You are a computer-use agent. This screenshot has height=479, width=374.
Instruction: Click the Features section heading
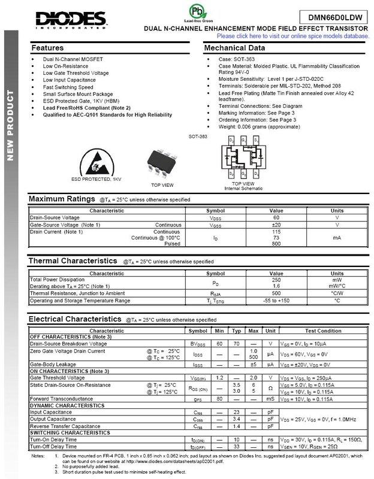[x=47, y=47]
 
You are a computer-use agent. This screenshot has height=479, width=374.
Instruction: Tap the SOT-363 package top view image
[x=162, y=160]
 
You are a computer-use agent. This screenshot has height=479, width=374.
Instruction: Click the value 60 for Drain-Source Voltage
[x=276, y=219]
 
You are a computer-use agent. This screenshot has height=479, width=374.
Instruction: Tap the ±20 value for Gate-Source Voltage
[x=276, y=225]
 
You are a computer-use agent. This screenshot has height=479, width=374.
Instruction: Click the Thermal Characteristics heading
[x=73, y=261]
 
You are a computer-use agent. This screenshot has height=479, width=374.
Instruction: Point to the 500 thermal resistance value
[x=276, y=293]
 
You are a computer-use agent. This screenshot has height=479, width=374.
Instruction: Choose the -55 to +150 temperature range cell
[x=276, y=300]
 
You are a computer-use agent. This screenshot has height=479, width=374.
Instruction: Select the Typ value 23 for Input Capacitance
[x=237, y=413]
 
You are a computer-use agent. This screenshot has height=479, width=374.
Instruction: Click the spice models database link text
[x=289, y=36]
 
